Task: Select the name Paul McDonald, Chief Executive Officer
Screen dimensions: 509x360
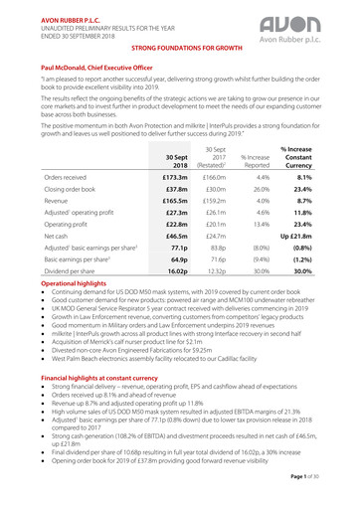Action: [x=90, y=63]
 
